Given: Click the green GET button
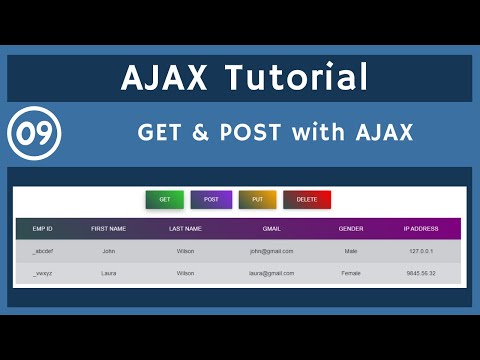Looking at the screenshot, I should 164,200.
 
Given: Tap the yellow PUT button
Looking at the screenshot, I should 257,200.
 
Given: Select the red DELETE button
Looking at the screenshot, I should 306,200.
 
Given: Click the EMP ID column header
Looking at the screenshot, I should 42,229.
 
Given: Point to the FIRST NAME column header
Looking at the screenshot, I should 109,229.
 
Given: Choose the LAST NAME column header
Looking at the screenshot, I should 185,229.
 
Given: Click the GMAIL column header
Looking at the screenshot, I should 272,229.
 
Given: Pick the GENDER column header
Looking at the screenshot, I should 351,229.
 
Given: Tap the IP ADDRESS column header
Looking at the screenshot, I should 422,229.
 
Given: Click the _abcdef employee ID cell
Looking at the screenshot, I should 42,252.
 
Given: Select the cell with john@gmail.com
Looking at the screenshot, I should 272,252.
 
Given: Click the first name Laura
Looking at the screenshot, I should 109,273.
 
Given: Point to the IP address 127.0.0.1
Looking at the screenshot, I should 422,252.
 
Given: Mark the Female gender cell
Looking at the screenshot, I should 351,273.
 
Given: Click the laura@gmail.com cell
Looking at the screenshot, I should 272,273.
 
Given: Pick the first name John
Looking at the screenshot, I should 109,252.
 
